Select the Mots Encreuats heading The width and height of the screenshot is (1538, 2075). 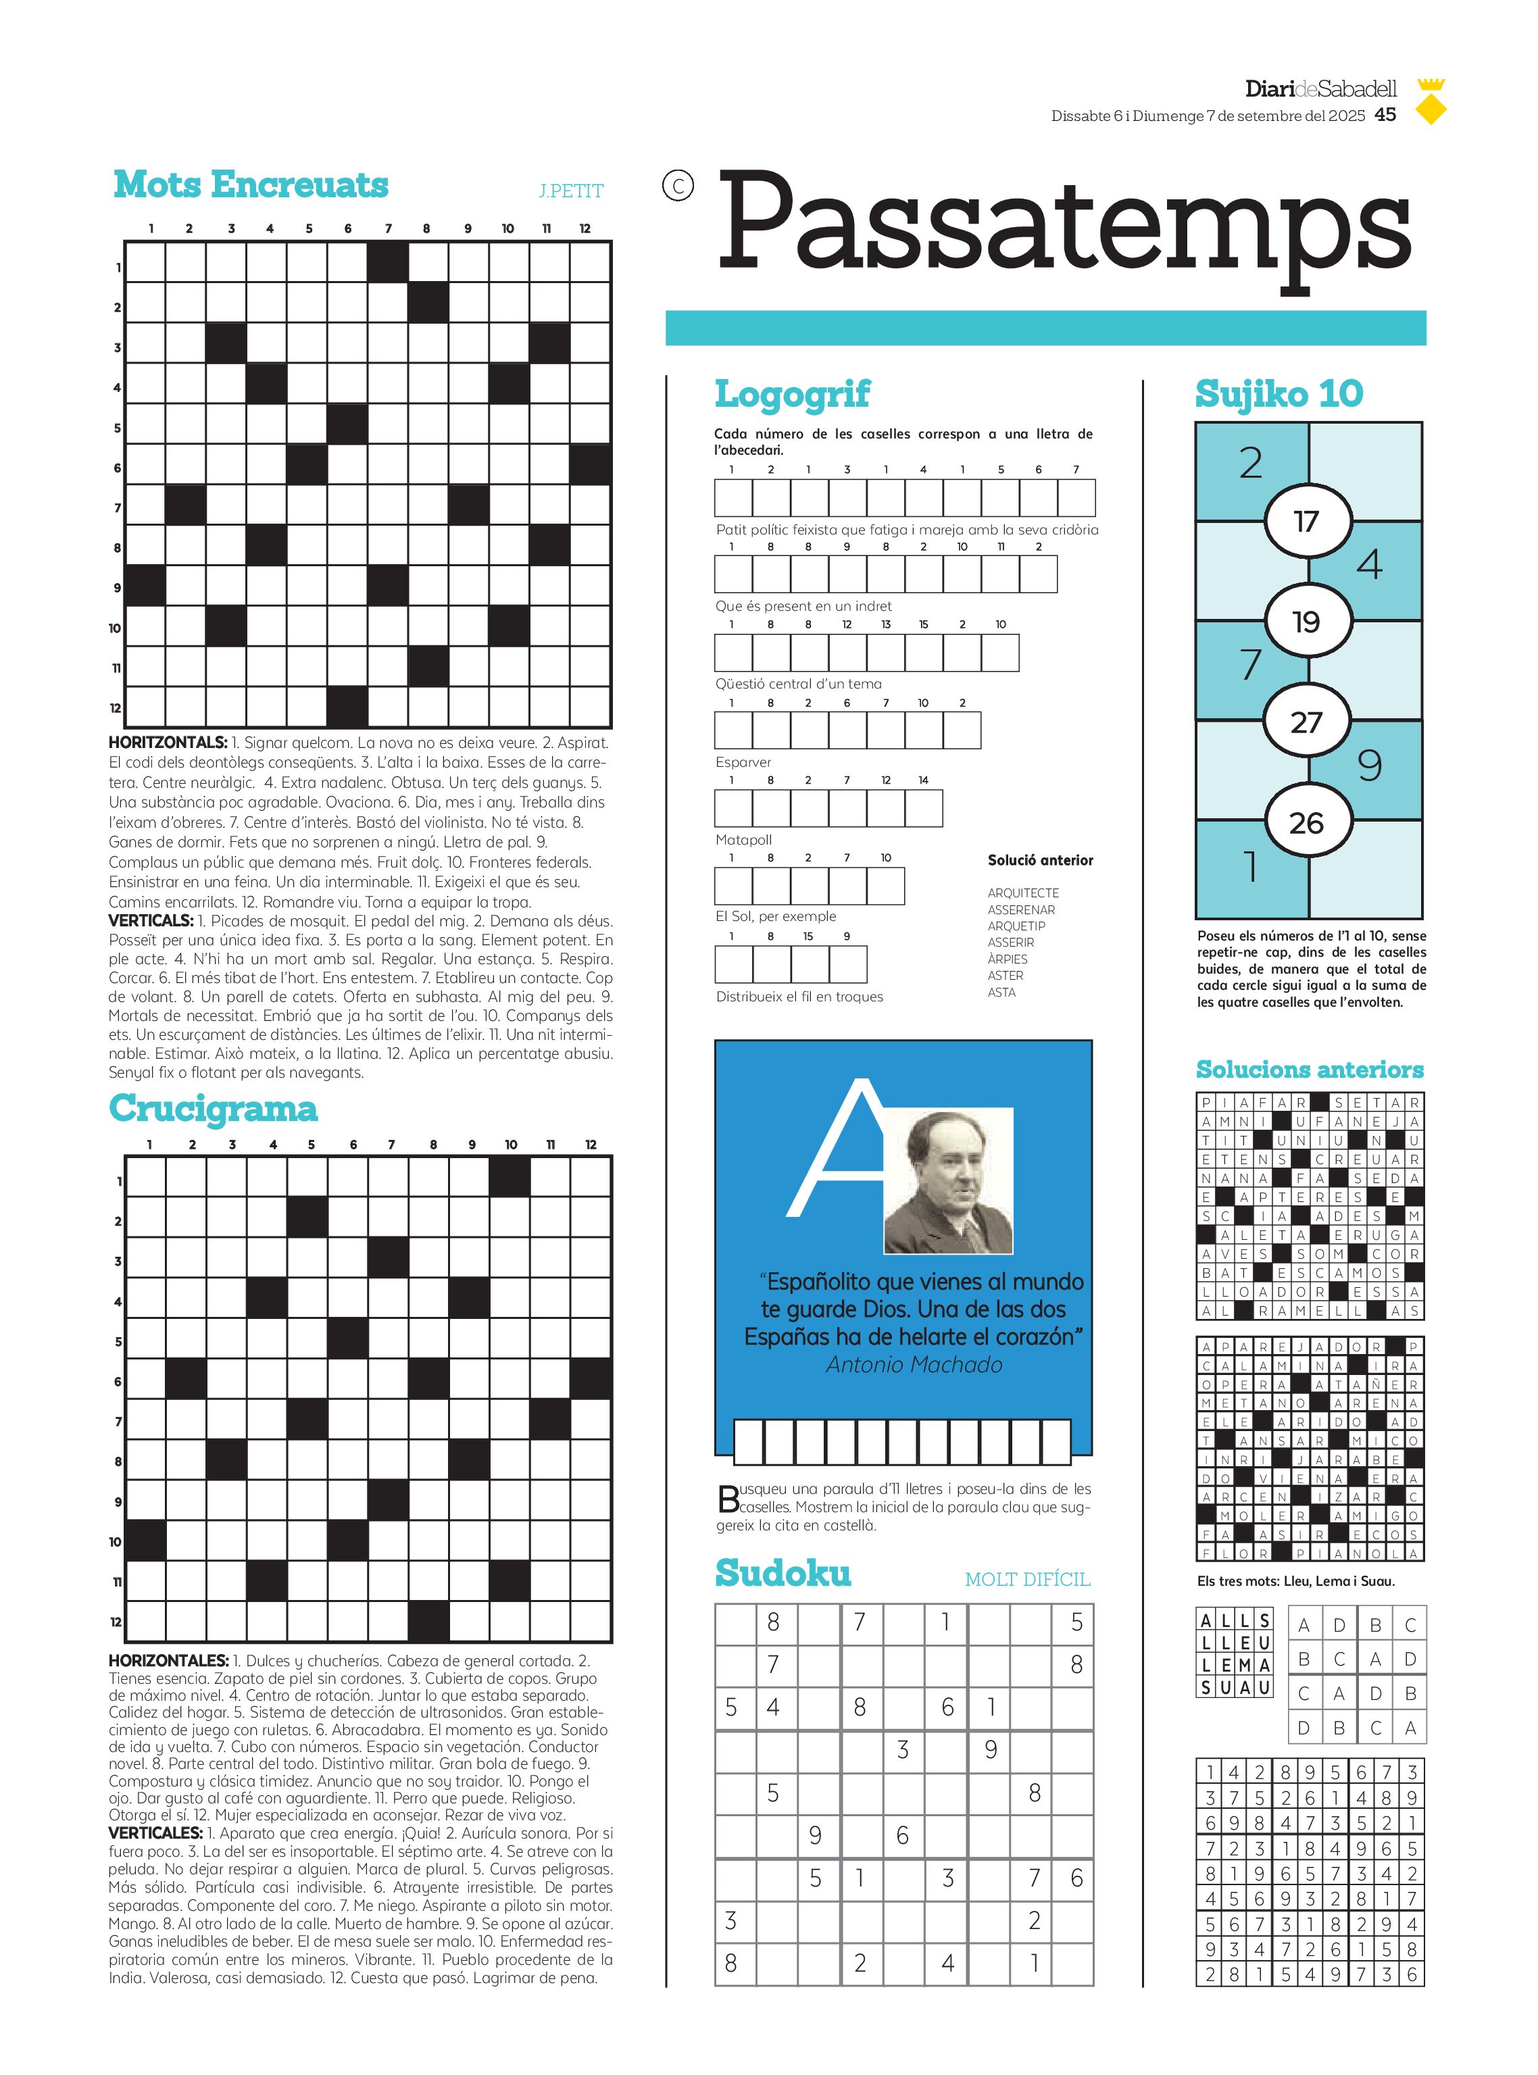pyautogui.click(x=251, y=184)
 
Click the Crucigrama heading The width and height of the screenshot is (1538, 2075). pyautogui.click(x=213, y=1108)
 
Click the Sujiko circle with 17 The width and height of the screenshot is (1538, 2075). pyautogui.click(x=1306, y=522)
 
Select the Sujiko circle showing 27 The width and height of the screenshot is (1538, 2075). pyautogui.click(x=1306, y=722)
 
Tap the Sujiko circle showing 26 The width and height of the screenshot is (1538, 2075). pyautogui.click(x=1306, y=822)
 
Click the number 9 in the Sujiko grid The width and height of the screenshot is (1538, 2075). pyautogui.click(x=1368, y=766)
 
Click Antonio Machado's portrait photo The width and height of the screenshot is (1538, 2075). pyautogui.click(x=948, y=1180)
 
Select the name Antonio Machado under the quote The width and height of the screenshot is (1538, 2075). pyautogui.click(x=914, y=1365)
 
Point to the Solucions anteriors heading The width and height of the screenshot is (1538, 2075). pyautogui.click(x=1309, y=1069)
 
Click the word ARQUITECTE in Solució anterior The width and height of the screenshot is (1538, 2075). pyautogui.click(x=1022, y=893)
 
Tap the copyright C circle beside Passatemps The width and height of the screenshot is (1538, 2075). pyautogui.click(x=678, y=186)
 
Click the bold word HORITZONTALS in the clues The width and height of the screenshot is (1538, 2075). pyautogui.click(x=168, y=743)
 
